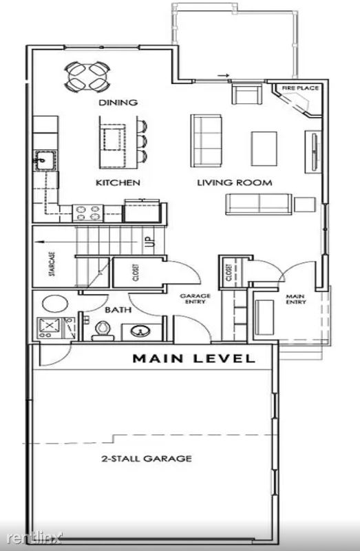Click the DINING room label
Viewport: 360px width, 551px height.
pyautogui.click(x=118, y=102)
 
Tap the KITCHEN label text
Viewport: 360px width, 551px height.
pyautogui.click(x=118, y=183)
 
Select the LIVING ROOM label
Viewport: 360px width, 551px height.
pyautogui.click(x=235, y=183)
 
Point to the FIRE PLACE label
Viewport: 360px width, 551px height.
pyautogui.click(x=300, y=88)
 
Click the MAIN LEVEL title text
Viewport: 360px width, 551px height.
pyautogui.click(x=193, y=358)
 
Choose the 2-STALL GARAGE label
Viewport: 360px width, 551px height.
pyautogui.click(x=147, y=458)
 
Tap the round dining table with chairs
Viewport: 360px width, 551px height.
pyautogui.click(x=87, y=77)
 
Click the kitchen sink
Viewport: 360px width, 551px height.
pyautogui.click(x=45, y=160)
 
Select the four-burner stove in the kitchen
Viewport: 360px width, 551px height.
pyautogui.click(x=88, y=213)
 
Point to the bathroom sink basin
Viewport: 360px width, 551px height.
pyautogui.click(x=140, y=331)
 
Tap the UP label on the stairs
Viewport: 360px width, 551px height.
pyautogui.click(x=150, y=242)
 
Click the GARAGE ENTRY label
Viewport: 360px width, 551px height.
pyautogui.click(x=195, y=299)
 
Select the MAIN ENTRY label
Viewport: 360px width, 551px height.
pyautogui.click(x=296, y=299)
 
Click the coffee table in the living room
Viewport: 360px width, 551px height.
pyautogui.click(x=264, y=149)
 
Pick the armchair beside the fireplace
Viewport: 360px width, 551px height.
pyautogui.click(x=247, y=93)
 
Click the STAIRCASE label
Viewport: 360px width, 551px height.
pyautogui.click(x=52, y=264)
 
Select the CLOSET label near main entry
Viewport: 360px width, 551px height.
pyautogui.click(x=229, y=273)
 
